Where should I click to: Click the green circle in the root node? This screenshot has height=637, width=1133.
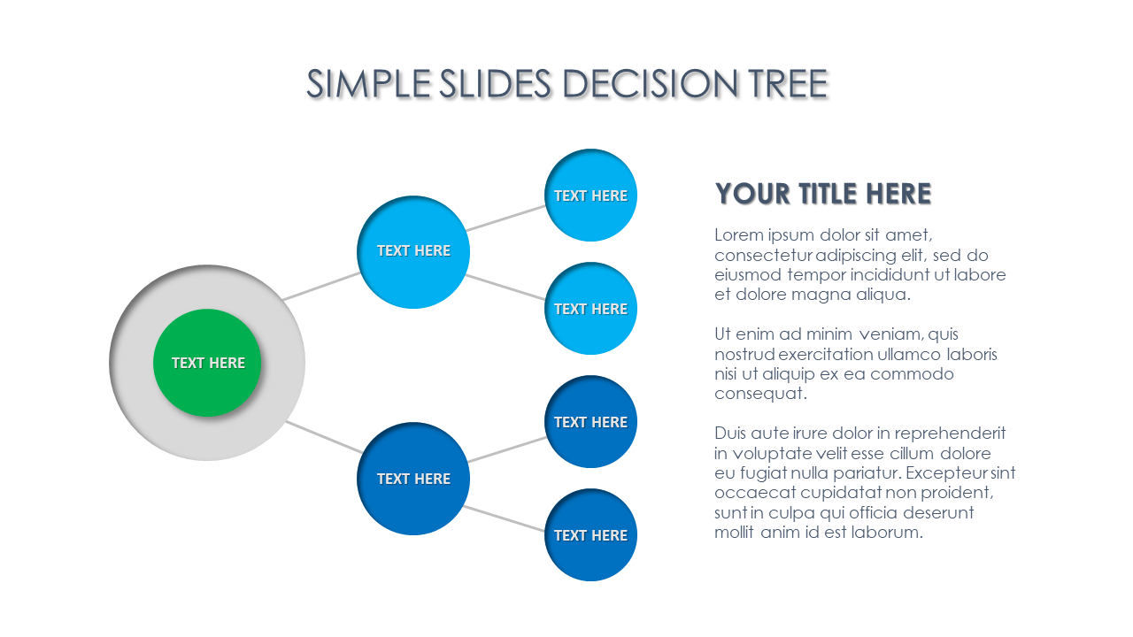click(x=207, y=363)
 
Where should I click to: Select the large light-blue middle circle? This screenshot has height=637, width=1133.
click(x=413, y=251)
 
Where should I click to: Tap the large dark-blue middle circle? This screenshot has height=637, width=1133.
click(x=413, y=479)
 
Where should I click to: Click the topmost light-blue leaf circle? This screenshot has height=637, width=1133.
click(x=590, y=196)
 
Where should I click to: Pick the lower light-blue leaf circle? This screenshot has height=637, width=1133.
click(x=590, y=309)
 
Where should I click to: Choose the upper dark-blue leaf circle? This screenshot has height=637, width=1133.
click(x=590, y=422)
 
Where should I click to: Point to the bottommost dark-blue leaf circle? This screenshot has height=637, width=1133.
click(x=590, y=535)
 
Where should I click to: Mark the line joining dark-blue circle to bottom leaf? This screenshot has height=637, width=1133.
click(x=505, y=518)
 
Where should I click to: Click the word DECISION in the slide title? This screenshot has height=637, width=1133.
click(x=649, y=84)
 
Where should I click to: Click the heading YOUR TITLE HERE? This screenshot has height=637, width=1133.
click(x=822, y=194)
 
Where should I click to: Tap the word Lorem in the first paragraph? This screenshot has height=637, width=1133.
click(x=737, y=235)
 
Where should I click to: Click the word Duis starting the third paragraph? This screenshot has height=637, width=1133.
click(x=730, y=434)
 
